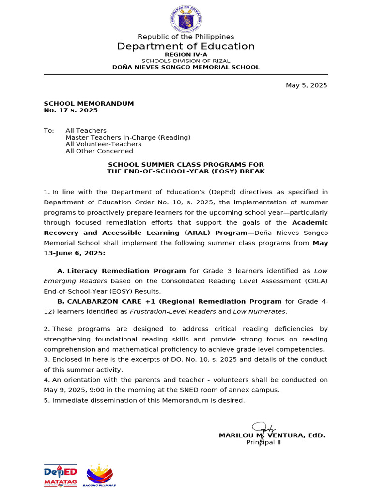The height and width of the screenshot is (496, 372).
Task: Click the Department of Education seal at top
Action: (186, 19)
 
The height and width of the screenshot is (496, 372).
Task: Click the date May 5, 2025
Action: (306, 85)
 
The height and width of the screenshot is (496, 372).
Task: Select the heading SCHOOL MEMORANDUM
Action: (89, 104)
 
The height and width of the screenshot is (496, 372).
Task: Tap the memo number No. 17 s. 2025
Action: (71, 110)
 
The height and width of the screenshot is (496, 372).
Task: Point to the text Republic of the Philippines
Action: (186, 37)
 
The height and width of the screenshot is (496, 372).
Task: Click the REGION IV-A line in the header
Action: (186, 55)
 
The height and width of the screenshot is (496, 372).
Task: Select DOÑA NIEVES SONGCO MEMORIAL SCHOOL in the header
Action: (186, 67)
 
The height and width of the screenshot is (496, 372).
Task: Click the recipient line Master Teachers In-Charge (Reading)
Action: (128, 138)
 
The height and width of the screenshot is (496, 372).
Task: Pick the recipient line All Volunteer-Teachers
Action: (104, 144)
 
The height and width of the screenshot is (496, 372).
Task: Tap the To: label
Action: (49, 131)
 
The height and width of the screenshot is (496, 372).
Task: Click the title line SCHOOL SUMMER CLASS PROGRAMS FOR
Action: (186, 165)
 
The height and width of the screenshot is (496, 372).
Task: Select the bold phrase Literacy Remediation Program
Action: (126, 271)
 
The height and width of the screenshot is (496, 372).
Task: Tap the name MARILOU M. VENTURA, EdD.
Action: (272, 435)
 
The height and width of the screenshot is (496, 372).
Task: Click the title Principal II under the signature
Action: (263, 442)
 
